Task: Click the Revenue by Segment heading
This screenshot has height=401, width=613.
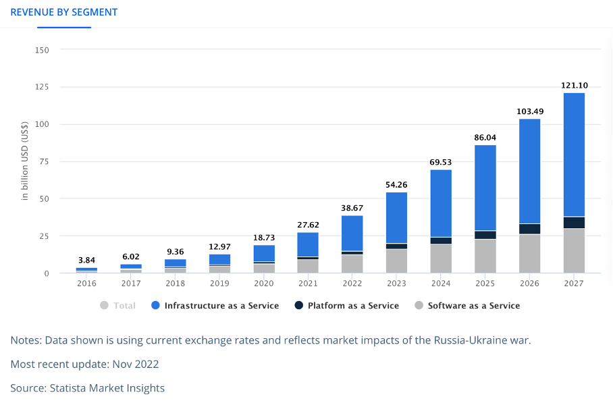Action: click(64, 12)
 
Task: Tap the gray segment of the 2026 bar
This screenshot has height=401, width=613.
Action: click(529, 253)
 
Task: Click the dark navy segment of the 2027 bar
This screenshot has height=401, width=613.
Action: click(573, 223)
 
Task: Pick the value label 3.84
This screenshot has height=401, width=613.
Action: click(86, 261)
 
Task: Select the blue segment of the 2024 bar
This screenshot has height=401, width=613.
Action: click(441, 203)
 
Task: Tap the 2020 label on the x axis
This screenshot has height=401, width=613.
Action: click(264, 284)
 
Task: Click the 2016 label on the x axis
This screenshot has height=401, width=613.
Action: click(86, 284)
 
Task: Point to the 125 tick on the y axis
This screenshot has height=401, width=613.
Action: click(43, 87)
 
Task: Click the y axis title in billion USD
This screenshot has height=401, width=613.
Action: click(25, 161)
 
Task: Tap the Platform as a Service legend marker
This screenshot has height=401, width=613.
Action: click(298, 306)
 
